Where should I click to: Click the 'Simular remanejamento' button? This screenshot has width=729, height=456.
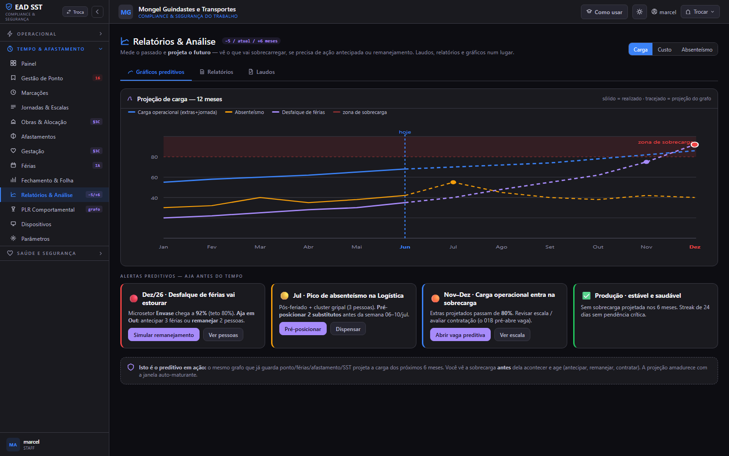click(x=164, y=335)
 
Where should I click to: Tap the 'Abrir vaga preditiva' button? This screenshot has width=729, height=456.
click(x=460, y=335)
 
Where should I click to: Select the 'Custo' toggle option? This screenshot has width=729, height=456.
click(x=664, y=50)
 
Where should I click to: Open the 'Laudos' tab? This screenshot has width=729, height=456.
click(x=262, y=72)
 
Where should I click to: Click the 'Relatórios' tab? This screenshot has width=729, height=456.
click(x=216, y=72)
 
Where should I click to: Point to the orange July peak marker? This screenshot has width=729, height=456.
click(x=453, y=182)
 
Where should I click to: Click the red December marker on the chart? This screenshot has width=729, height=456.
click(x=694, y=145)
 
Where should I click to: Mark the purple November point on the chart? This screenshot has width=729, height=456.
click(x=647, y=162)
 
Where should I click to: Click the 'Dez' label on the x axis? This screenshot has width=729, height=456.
click(x=695, y=247)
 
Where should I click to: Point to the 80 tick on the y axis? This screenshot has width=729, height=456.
click(x=154, y=157)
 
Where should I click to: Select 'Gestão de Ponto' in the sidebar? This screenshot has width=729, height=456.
click(x=42, y=78)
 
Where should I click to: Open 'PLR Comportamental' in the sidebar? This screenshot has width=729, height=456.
click(x=48, y=209)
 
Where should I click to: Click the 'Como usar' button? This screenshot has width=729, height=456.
click(x=604, y=12)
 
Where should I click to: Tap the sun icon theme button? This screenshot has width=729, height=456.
click(x=640, y=12)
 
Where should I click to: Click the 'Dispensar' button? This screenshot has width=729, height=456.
click(x=348, y=329)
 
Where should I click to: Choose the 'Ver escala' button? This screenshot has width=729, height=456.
click(x=512, y=335)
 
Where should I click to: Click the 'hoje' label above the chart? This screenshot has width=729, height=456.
click(x=405, y=132)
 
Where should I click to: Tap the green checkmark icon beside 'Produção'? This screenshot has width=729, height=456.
click(x=586, y=296)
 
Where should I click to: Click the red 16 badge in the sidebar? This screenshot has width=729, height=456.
click(x=98, y=78)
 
